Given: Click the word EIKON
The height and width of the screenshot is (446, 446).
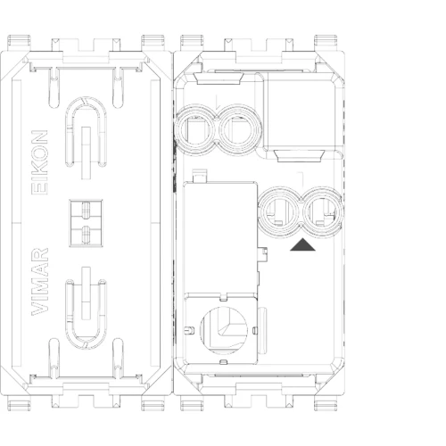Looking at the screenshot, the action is point(39,162).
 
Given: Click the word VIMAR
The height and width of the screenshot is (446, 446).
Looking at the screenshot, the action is point(39,282).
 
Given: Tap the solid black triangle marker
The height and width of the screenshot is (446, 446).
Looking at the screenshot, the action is point(302,244).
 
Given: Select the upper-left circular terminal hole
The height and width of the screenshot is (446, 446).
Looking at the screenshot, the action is point(195,130).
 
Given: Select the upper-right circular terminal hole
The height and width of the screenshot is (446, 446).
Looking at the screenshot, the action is point(239,130).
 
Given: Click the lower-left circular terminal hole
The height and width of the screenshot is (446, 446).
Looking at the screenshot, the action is point(279,212).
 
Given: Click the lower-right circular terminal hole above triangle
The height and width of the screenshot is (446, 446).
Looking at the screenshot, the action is point(323,212).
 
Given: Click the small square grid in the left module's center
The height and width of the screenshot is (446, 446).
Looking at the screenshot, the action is point(86,223).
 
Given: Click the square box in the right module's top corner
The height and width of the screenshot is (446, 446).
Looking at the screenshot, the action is point(300,110).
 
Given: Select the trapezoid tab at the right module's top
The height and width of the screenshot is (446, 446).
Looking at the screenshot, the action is point(219,78).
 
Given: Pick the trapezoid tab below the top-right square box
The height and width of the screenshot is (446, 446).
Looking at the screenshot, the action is point(299,156).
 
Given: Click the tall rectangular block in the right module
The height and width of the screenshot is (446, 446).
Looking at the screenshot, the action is point(220,238).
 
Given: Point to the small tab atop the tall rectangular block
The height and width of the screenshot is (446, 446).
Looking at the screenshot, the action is point(200,176).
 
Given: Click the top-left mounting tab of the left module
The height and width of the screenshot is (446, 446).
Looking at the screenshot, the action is point(19,42).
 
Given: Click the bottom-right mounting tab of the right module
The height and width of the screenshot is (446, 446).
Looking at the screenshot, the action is point(326,403).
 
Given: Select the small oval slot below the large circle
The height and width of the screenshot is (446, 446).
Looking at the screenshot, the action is point(223,362).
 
